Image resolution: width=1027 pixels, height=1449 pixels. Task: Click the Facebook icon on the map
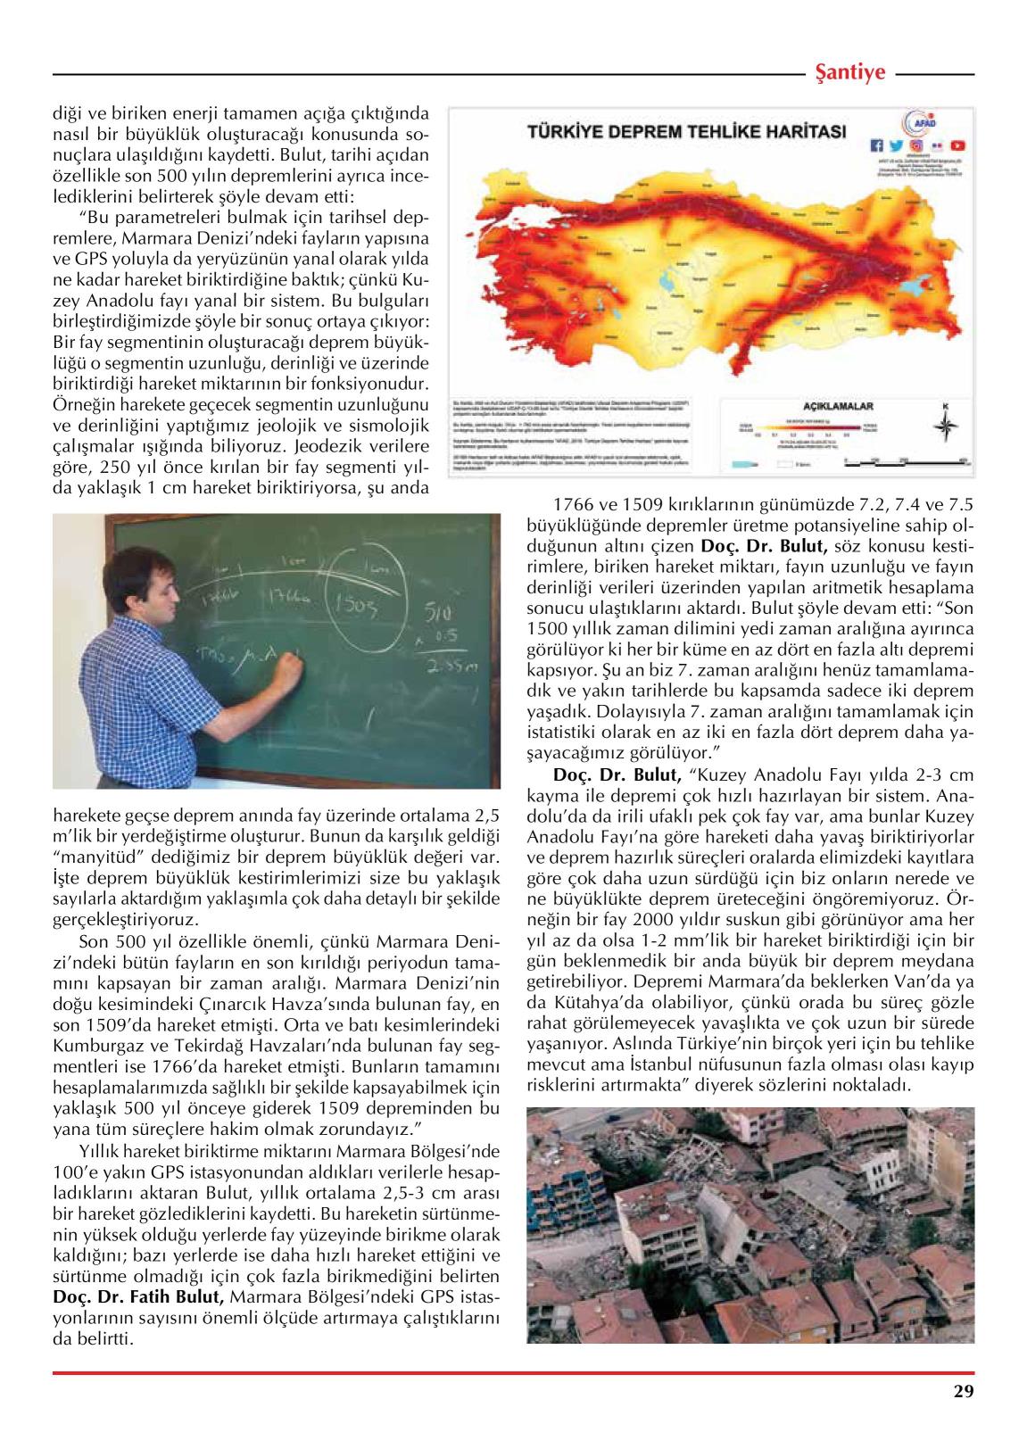[x=876, y=145]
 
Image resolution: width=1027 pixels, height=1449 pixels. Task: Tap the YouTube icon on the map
[x=957, y=145]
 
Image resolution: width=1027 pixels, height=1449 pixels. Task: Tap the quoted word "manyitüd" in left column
[x=90, y=857]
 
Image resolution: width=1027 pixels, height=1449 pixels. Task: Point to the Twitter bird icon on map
[x=896, y=145]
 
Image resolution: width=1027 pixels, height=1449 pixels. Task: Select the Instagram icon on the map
[x=916, y=145]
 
